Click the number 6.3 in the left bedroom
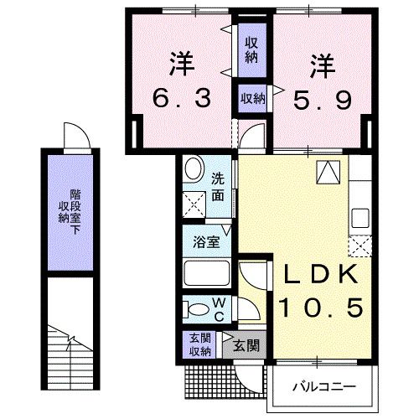(179, 98)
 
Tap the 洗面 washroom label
(217, 186)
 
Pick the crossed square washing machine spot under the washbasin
(194, 201)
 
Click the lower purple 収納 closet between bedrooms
(252, 98)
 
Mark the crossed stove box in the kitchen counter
(360, 246)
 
